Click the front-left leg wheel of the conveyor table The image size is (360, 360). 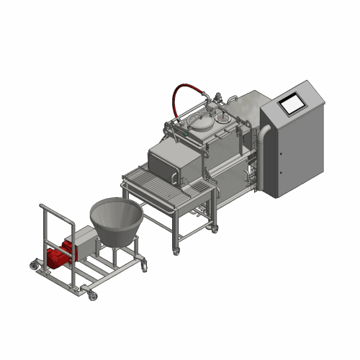pos(173,251)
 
